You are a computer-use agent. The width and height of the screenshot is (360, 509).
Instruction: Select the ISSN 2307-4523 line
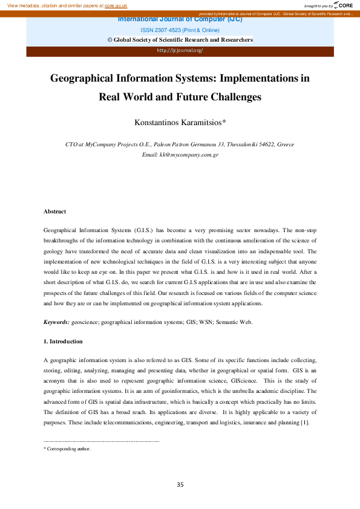pos(180,30)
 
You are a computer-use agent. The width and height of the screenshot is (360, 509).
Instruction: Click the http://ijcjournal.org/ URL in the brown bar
pos(180,50)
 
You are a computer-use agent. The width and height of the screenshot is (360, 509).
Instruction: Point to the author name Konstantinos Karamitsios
pos(180,122)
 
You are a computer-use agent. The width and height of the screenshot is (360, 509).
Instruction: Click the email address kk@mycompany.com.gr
pos(180,155)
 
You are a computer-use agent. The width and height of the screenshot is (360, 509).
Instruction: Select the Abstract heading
pos(54,212)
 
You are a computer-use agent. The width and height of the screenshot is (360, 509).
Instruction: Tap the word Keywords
pos(56,322)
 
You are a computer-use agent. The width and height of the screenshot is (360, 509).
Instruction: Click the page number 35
pos(180,485)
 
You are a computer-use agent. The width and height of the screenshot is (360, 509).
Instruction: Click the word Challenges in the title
pos(233,96)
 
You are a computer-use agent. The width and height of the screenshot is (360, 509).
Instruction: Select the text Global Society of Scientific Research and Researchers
pos(183,40)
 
